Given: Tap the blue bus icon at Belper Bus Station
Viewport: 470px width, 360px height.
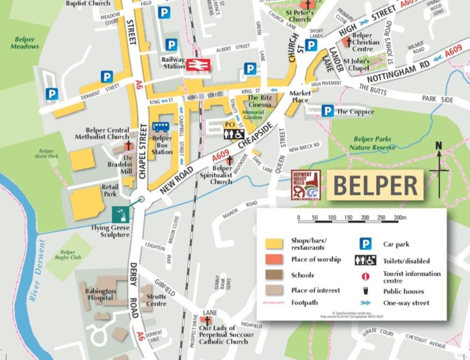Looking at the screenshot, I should [x=161, y=127].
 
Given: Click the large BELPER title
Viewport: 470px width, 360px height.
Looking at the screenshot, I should [x=375, y=186].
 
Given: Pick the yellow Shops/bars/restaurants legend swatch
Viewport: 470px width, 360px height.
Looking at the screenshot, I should [x=274, y=243].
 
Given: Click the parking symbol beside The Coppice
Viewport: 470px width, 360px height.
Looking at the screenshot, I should [x=328, y=111].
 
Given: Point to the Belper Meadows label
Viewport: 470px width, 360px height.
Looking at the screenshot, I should [x=24, y=43].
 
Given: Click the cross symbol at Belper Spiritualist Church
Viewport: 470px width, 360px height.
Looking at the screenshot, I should [x=229, y=160].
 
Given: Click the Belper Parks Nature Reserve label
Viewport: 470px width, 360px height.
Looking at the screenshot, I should [x=372, y=143].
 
